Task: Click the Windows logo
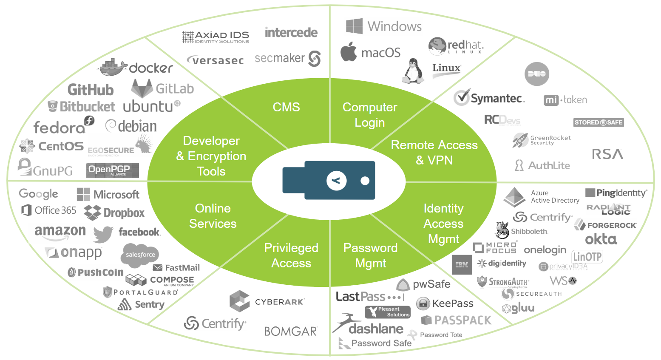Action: (354, 26)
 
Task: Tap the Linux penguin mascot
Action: (412, 71)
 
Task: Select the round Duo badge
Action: (536, 74)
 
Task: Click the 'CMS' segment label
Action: (286, 107)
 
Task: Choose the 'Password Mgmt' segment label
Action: (370, 255)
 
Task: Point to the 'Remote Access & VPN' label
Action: (434, 153)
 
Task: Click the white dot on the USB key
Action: (365, 181)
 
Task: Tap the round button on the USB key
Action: (336, 181)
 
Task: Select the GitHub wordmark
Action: (91, 90)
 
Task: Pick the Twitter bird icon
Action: (103, 234)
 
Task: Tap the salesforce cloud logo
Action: (140, 255)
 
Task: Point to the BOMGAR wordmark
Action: (290, 331)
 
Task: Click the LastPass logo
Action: (369, 296)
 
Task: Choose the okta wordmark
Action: (601, 239)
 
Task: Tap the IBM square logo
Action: (462, 265)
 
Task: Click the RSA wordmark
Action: (607, 154)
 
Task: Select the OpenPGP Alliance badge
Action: (113, 170)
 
